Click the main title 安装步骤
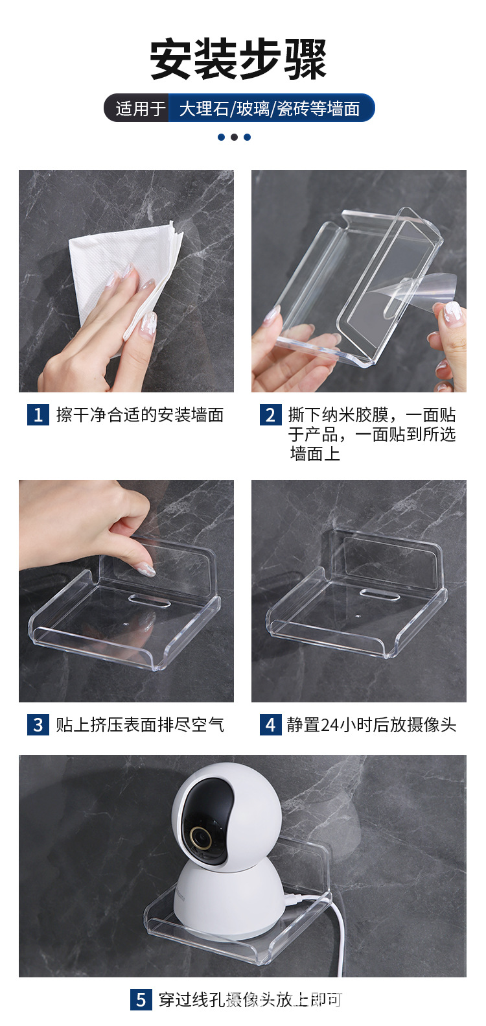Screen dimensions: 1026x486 coord(238,60)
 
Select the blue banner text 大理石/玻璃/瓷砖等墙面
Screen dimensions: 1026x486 coord(269,108)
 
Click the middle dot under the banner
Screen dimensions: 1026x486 coord(234,137)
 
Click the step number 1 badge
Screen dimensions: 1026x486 coord(38,414)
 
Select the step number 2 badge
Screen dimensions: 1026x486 coord(271,414)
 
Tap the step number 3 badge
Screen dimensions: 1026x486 coord(38,724)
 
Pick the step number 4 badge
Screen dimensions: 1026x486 coord(271,724)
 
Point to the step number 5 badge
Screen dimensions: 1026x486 coord(141,999)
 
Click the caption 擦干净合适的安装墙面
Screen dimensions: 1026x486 coord(140,414)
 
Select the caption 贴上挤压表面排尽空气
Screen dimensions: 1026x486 coord(140,724)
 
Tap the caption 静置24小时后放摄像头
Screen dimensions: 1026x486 coord(372,724)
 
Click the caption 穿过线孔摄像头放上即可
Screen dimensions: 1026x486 coord(250,999)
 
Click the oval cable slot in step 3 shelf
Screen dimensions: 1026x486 coord(150,601)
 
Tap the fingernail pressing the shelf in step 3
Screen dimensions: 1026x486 coord(145,571)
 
